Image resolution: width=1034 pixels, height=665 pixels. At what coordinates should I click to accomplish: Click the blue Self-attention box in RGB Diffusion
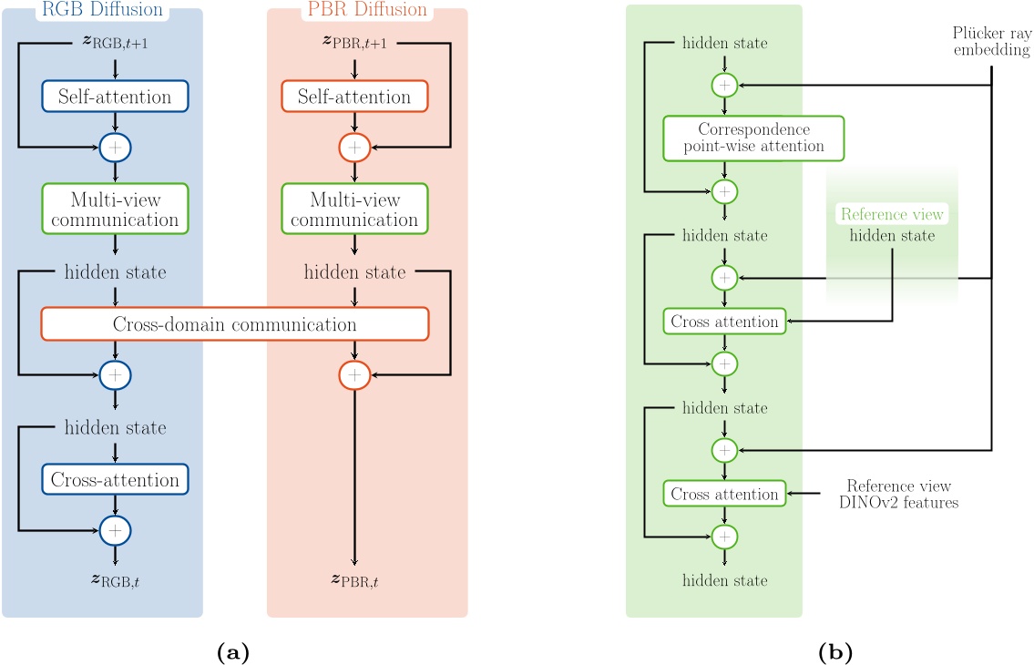(x=115, y=95)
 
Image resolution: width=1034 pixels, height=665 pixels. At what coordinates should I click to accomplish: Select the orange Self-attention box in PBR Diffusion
(x=354, y=96)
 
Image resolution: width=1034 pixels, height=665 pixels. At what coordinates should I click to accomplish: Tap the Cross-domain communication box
(x=234, y=323)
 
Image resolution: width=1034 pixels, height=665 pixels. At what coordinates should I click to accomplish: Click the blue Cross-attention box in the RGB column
(x=115, y=478)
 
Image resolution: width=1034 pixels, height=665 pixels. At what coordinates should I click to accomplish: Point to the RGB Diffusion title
(x=102, y=10)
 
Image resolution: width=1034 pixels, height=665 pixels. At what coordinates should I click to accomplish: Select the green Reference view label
(x=892, y=214)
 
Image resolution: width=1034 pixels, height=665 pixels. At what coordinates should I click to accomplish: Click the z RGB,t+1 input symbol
(x=115, y=44)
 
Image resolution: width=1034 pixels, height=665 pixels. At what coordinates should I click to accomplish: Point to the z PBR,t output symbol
(x=354, y=579)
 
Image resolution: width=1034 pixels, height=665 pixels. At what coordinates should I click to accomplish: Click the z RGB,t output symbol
(x=115, y=579)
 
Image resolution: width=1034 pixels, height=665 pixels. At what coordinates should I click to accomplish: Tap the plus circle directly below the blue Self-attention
(x=115, y=145)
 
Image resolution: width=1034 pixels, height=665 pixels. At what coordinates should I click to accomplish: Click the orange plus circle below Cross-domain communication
(x=354, y=373)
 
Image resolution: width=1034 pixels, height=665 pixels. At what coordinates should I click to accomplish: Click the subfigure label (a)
(x=230, y=651)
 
